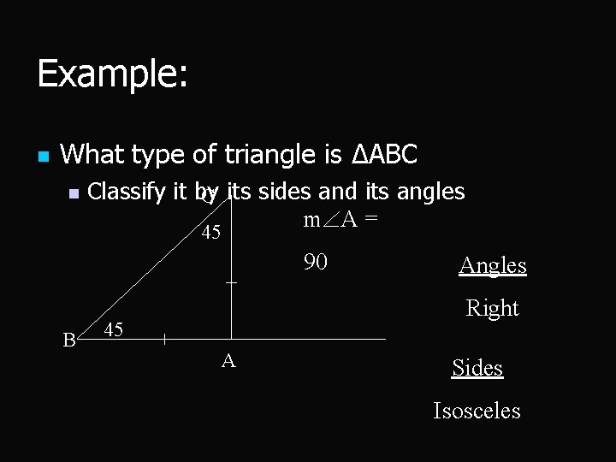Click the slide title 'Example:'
coord(112,74)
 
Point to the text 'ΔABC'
coord(385,155)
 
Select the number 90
coord(316,262)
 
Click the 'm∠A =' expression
coord(341,221)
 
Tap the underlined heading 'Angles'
coord(493,265)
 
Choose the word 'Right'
coord(493,308)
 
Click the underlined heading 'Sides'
coord(477,368)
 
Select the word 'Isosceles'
coord(477,411)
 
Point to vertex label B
coord(69,341)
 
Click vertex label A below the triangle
coord(228,361)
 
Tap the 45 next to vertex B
coord(114,329)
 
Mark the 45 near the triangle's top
coord(210,233)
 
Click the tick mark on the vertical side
coord(230,281)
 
